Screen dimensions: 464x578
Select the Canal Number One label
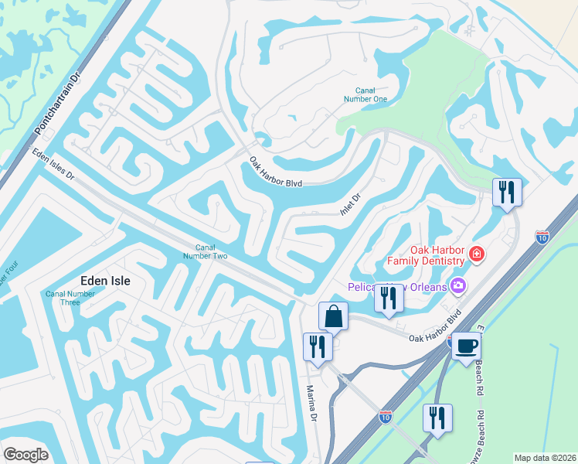365,94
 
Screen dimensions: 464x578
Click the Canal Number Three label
70,298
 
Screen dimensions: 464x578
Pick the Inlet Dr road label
351,205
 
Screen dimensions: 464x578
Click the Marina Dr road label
313,404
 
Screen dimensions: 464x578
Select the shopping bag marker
333,316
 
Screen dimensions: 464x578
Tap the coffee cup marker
466,346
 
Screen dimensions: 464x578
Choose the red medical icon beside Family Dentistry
477,254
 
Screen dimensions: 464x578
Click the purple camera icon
458,287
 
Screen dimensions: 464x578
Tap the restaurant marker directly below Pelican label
389,299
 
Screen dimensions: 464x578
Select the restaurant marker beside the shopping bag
318,346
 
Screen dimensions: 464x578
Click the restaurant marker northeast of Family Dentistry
507,190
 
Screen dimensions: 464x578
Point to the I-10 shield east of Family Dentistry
542,237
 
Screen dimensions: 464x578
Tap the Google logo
25,455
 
